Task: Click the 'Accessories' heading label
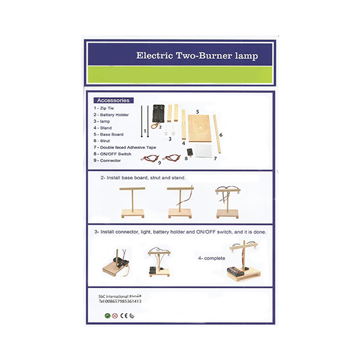click(x=113, y=100)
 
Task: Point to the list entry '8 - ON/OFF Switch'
click(x=115, y=154)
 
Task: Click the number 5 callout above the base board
click(x=197, y=112)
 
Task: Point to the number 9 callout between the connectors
click(x=160, y=162)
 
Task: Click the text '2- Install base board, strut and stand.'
click(x=145, y=178)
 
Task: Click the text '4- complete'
click(x=211, y=258)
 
